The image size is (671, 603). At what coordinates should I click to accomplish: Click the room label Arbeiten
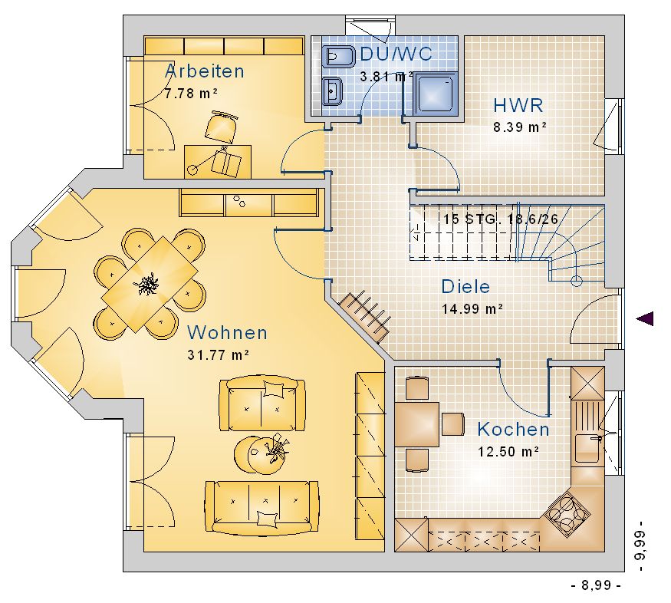[205, 71]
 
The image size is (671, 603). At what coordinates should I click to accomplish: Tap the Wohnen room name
[227, 332]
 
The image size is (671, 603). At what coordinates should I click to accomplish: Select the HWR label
[518, 105]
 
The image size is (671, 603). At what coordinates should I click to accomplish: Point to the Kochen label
[513, 430]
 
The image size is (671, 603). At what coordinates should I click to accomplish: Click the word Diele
[465, 286]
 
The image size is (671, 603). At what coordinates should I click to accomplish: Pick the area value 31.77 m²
[219, 354]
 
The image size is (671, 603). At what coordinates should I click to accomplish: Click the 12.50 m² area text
[508, 452]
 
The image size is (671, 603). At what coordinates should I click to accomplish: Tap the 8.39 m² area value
[520, 127]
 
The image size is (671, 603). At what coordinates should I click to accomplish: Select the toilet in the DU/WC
[339, 57]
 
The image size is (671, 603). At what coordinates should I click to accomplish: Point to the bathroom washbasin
[333, 91]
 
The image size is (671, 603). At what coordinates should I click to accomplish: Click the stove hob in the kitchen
[567, 512]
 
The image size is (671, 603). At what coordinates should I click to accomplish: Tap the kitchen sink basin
[588, 449]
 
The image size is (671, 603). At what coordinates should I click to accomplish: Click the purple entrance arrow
[645, 318]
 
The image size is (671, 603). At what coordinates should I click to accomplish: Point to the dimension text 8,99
[596, 585]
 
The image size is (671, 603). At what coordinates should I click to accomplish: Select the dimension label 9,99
[640, 545]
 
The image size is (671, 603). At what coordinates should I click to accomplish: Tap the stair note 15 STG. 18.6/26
[501, 219]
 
